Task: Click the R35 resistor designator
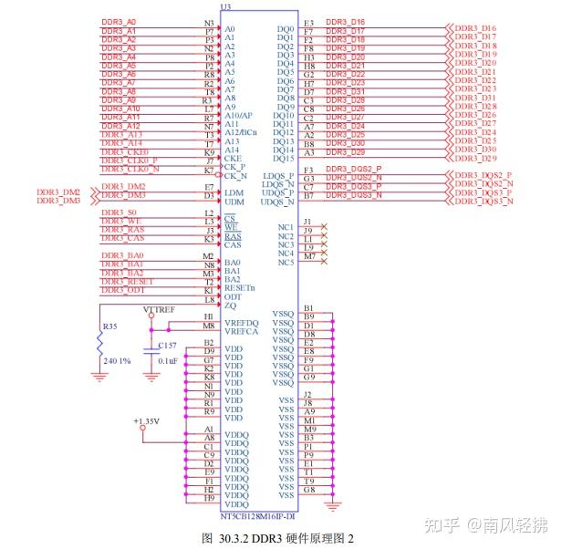point(109,326)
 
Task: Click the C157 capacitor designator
point(167,346)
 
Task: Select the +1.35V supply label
point(146,421)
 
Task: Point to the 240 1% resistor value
point(118,360)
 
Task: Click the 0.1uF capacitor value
point(168,361)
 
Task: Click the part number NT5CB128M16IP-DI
point(257,516)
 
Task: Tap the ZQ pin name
point(229,306)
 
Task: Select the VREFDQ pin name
point(241,323)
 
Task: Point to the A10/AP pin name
point(238,116)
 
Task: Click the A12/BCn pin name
point(241,133)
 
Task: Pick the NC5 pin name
point(286,263)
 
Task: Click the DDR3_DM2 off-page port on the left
point(58,192)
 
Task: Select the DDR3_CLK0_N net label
point(130,169)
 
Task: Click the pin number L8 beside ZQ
point(209,299)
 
